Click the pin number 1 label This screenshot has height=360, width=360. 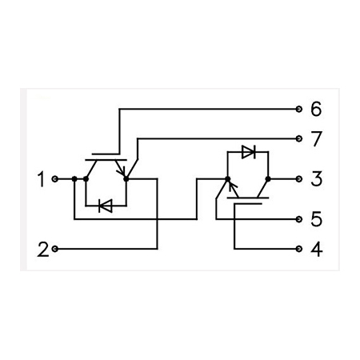(42, 179)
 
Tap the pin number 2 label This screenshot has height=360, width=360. (43, 249)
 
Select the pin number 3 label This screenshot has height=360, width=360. (317, 178)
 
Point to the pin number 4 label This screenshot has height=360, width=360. (317, 249)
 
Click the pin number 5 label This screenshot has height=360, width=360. (317, 219)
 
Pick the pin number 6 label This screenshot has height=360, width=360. (316, 109)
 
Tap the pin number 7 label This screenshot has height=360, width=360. (317, 138)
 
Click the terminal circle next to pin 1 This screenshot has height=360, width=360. (55, 179)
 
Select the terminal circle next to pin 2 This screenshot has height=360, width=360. (55, 249)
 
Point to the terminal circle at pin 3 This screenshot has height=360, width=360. (299, 179)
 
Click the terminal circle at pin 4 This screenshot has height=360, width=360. (299, 249)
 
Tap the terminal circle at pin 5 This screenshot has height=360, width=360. (299, 219)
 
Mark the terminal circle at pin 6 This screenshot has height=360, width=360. (299, 109)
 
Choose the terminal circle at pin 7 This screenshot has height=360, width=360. (299, 138)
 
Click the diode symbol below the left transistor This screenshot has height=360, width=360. (106, 206)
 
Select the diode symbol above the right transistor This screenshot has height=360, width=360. (249, 152)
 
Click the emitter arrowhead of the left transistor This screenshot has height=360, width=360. (122, 171)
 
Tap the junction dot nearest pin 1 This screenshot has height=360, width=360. (74, 179)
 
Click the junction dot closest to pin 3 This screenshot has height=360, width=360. (268, 179)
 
